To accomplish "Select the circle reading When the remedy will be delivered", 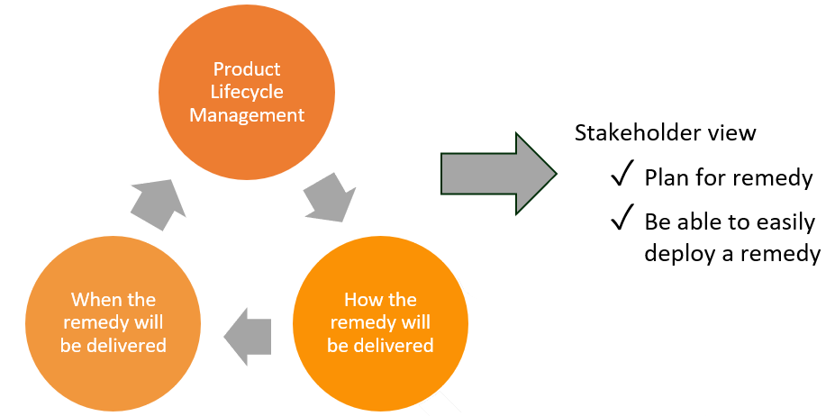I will point(113,322).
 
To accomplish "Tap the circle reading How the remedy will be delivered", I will point(380,322).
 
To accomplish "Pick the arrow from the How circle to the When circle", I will point(247,335).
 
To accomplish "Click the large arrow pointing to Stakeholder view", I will point(498,174).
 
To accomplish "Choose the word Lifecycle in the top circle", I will point(246,92).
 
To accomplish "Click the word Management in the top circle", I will point(246,115).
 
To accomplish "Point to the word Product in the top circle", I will point(246,69).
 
